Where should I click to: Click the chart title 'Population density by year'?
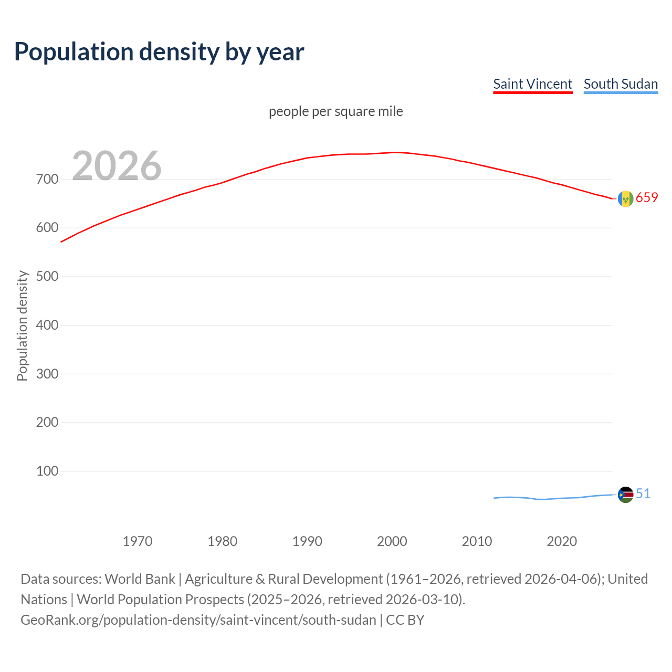tap(159, 51)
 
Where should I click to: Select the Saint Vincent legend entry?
tap(532, 84)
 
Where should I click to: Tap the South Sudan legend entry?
tap(621, 84)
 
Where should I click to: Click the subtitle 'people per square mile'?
tap(335, 111)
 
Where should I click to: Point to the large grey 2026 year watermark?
tap(117, 165)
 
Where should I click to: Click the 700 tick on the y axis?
tap(47, 179)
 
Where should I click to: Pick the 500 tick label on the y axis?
tap(47, 276)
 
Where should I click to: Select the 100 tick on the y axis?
tap(47, 471)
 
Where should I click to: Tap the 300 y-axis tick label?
tap(47, 374)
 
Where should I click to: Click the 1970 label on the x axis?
tap(138, 541)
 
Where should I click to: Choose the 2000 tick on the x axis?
tap(392, 541)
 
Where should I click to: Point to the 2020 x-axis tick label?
tap(562, 541)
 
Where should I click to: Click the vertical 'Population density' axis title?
tap(22, 325)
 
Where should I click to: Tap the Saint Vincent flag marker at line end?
tap(625, 198)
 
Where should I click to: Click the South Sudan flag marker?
tap(625, 495)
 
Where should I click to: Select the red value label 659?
tap(647, 197)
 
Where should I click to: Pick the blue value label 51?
tap(643, 493)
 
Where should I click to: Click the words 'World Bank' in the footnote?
tap(140, 579)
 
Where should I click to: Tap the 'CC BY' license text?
tap(405, 619)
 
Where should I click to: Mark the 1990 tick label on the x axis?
tap(307, 541)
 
